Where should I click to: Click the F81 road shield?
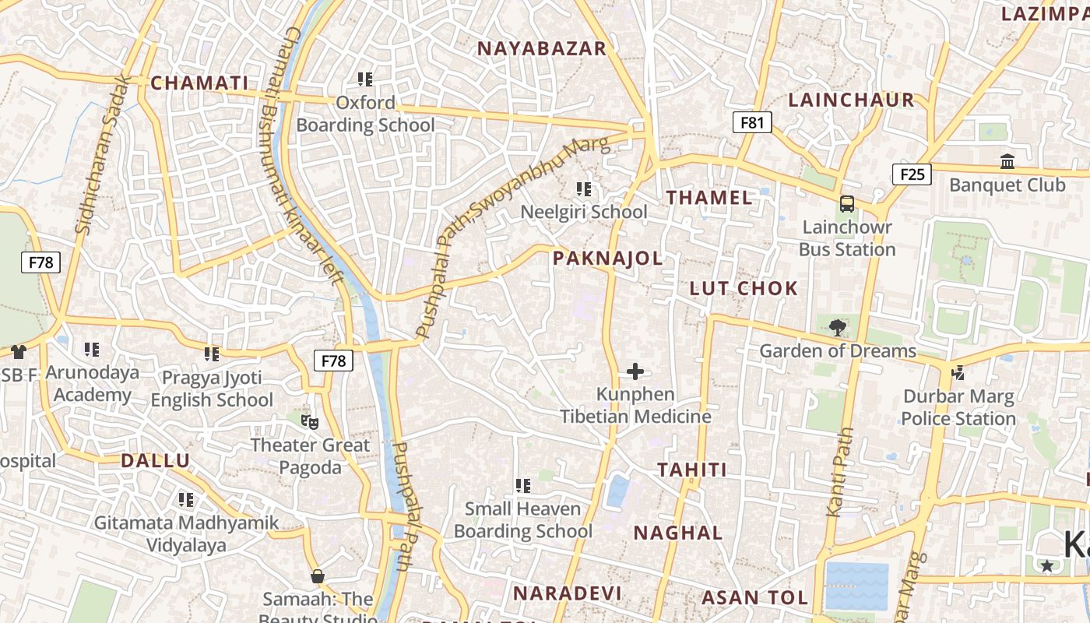[752, 121]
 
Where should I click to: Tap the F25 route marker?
[912, 174]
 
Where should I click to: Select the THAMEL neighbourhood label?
[709, 198]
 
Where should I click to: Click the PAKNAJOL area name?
[607, 259]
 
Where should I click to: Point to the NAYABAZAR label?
[541, 48]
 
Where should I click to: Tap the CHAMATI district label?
[199, 83]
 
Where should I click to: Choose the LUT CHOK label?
[744, 289]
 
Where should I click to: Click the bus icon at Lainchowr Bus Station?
[847, 204]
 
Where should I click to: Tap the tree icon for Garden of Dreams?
[838, 328]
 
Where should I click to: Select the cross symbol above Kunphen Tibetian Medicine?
[635, 371]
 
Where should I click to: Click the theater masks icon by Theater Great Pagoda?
[310, 423]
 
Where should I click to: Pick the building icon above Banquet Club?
[1007, 162]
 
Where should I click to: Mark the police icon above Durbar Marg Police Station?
[958, 374]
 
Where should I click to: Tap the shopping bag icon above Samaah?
[317, 576]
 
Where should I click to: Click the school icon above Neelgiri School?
[584, 189]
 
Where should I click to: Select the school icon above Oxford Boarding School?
[365, 79]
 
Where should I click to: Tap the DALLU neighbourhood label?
[155, 460]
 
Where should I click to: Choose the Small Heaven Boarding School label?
[523, 519]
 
